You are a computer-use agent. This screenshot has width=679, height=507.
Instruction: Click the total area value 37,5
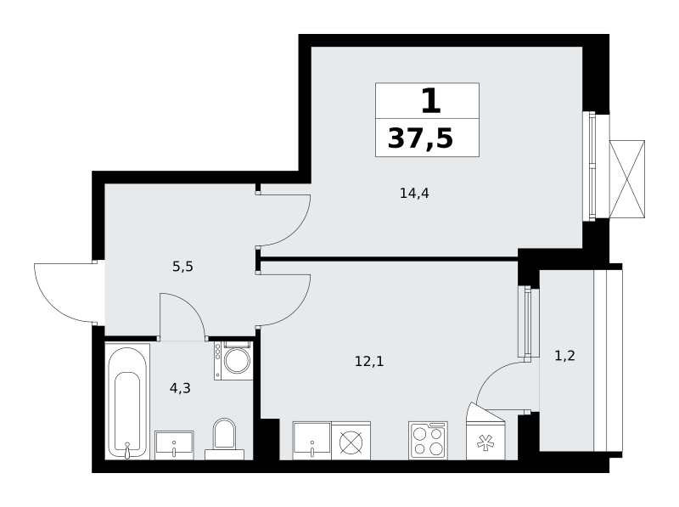tap(420, 138)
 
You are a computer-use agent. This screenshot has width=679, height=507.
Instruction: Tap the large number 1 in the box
tap(431, 100)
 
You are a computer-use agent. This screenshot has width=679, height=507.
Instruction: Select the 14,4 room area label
tap(414, 194)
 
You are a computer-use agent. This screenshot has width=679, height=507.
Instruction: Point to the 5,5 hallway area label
tap(182, 267)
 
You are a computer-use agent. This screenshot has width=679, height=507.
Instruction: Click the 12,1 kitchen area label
tap(369, 361)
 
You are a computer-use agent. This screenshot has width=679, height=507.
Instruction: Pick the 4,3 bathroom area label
tap(180, 388)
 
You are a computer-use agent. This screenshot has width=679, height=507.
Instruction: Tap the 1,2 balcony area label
tap(565, 356)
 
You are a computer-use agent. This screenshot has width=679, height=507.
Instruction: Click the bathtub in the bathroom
tap(128, 401)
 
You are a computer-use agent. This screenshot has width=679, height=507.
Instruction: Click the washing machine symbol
tap(233, 361)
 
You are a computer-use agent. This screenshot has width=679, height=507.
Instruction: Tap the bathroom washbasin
tap(174, 445)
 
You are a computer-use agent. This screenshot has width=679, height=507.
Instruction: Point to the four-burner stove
tap(428, 440)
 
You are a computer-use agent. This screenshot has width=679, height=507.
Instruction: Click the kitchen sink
tap(311, 440)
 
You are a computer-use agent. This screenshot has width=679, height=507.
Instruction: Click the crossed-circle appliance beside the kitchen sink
tap(351, 440)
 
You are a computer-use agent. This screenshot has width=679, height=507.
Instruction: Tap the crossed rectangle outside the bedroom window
tap(627, 179)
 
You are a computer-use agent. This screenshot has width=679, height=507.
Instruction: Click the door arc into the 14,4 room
tap(299, 229)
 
